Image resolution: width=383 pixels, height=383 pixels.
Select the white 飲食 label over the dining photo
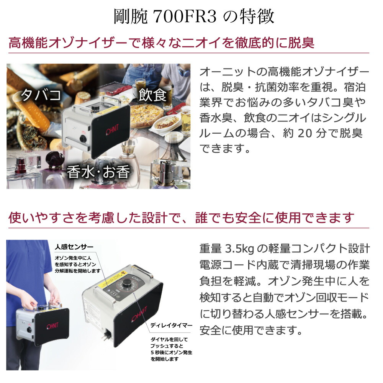[x=152, y=95]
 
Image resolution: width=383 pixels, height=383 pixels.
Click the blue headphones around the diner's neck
[x=184, y=71]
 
